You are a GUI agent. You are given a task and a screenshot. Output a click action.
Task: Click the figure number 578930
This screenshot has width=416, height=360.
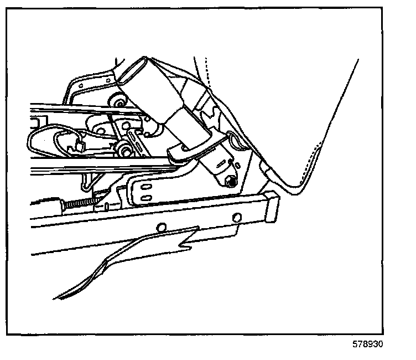(368, 344)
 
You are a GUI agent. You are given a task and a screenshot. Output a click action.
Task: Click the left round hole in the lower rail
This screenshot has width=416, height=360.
(162, 227)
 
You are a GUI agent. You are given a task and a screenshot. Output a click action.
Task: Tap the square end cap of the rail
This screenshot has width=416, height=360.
(271, 206)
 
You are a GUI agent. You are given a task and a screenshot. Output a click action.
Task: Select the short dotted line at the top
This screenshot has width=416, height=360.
(206, 69)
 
